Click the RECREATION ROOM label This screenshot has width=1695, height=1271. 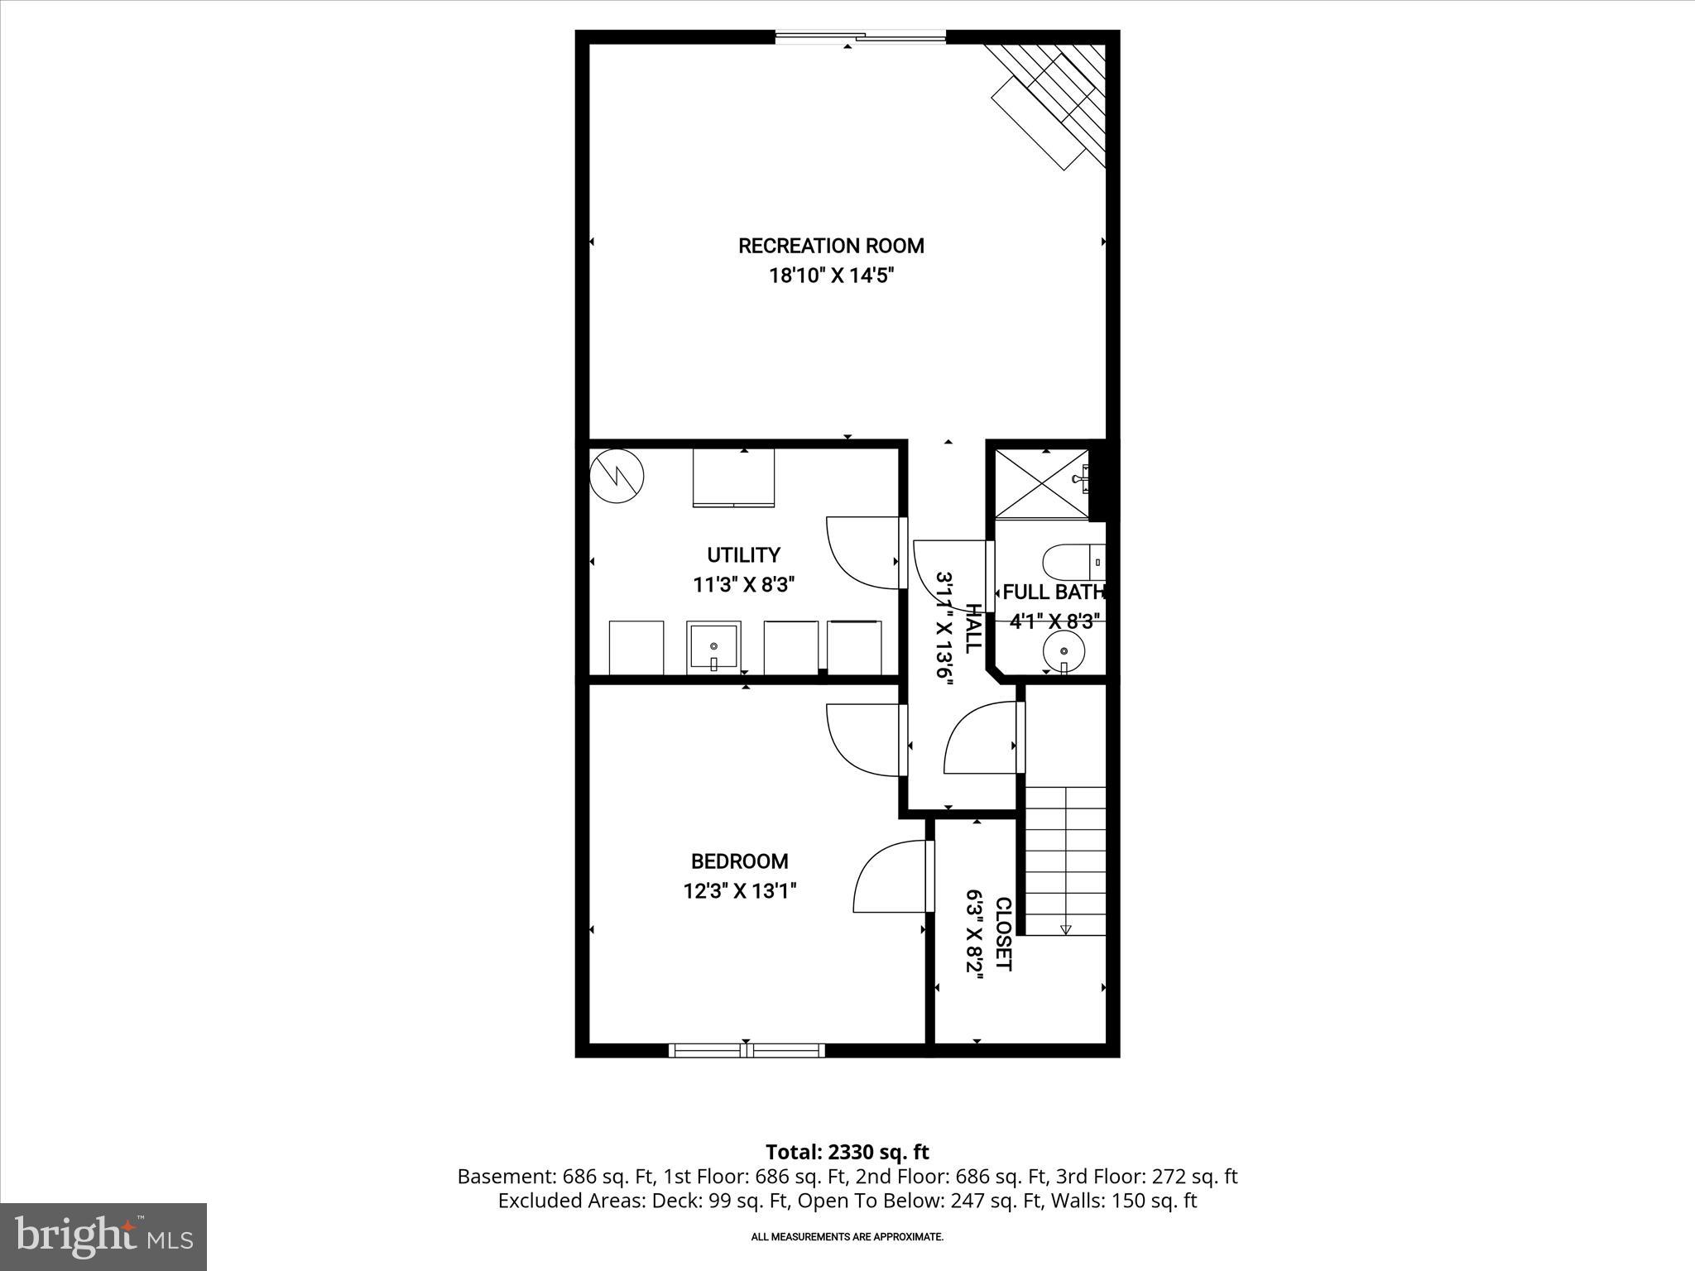[x=831, y=246]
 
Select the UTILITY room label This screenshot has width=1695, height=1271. [x=743, y=554]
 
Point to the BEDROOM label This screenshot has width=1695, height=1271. [x=739, y=861]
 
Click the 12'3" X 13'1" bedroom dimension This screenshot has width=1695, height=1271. [x=740, y=891]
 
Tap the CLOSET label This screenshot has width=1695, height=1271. [x=1002, y=934]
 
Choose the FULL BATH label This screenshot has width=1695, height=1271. [x=1054, y=592]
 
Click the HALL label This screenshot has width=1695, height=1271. [x=973, y=628]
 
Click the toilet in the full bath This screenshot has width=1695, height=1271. [x=1073, y=562]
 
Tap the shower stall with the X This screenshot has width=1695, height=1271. [x=1041, y=484]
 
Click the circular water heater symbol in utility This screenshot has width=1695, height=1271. [x=617, y=476]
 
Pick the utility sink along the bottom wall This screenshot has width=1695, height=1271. [x=712, y=647]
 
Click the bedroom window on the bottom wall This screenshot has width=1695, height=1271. [x=747, y=1050]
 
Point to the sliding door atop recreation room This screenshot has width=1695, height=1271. [x=860, y=37]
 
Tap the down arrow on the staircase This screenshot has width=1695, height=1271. [x=1065, y=928]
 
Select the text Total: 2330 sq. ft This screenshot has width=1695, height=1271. [x=847, y=1152]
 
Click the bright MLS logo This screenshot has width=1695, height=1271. [x=103, y=1236]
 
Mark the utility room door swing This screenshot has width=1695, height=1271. [x=861, y=553]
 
